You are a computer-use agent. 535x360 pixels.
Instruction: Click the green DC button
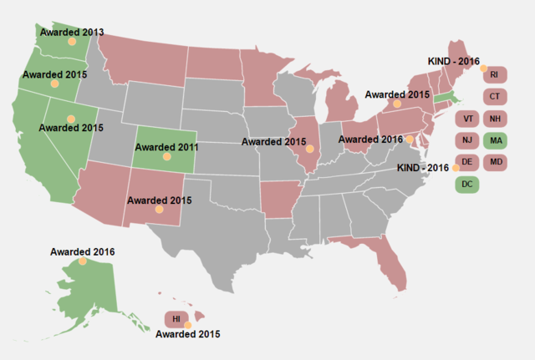(x=468, y=183)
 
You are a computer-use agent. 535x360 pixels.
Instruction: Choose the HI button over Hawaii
(x=176, y=319)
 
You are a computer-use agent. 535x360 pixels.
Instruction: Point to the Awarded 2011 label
(x=167, y=146)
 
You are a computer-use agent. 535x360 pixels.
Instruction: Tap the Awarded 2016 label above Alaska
(x=82, y=251)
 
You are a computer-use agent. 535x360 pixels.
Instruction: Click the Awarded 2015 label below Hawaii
(x=188, y=334)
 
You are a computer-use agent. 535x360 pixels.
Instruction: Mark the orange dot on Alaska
(x=82, y=261)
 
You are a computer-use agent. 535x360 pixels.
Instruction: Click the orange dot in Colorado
(x=167, y=156)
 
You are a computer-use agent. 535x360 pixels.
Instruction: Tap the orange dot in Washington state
(x=72, y=41)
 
